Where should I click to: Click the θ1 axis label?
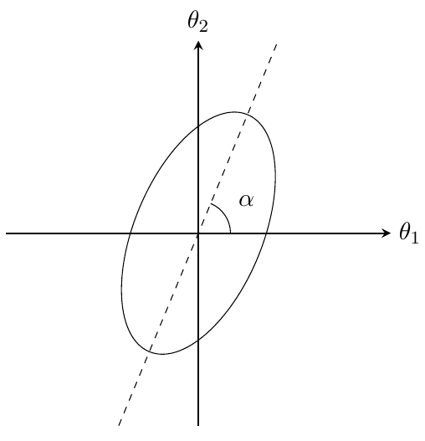[407, 233]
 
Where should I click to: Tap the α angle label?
[245, 200]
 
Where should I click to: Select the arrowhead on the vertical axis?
[198, 45]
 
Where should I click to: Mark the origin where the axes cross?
[198, 233]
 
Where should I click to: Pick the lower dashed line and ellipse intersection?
[150, 350]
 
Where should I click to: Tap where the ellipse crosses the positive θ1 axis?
[267, 233]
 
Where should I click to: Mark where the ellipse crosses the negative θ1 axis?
[130, 233]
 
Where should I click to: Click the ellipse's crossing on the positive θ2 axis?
[198, 126]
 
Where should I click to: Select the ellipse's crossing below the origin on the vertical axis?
[198, 340]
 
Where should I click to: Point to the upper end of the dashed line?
[276, 43]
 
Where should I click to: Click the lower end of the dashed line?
[120, 424]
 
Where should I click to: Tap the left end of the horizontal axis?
[7, 233]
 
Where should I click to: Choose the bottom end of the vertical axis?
[198, 424]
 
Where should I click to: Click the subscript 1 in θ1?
[413, 236]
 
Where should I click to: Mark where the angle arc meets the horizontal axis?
[230, 233]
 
